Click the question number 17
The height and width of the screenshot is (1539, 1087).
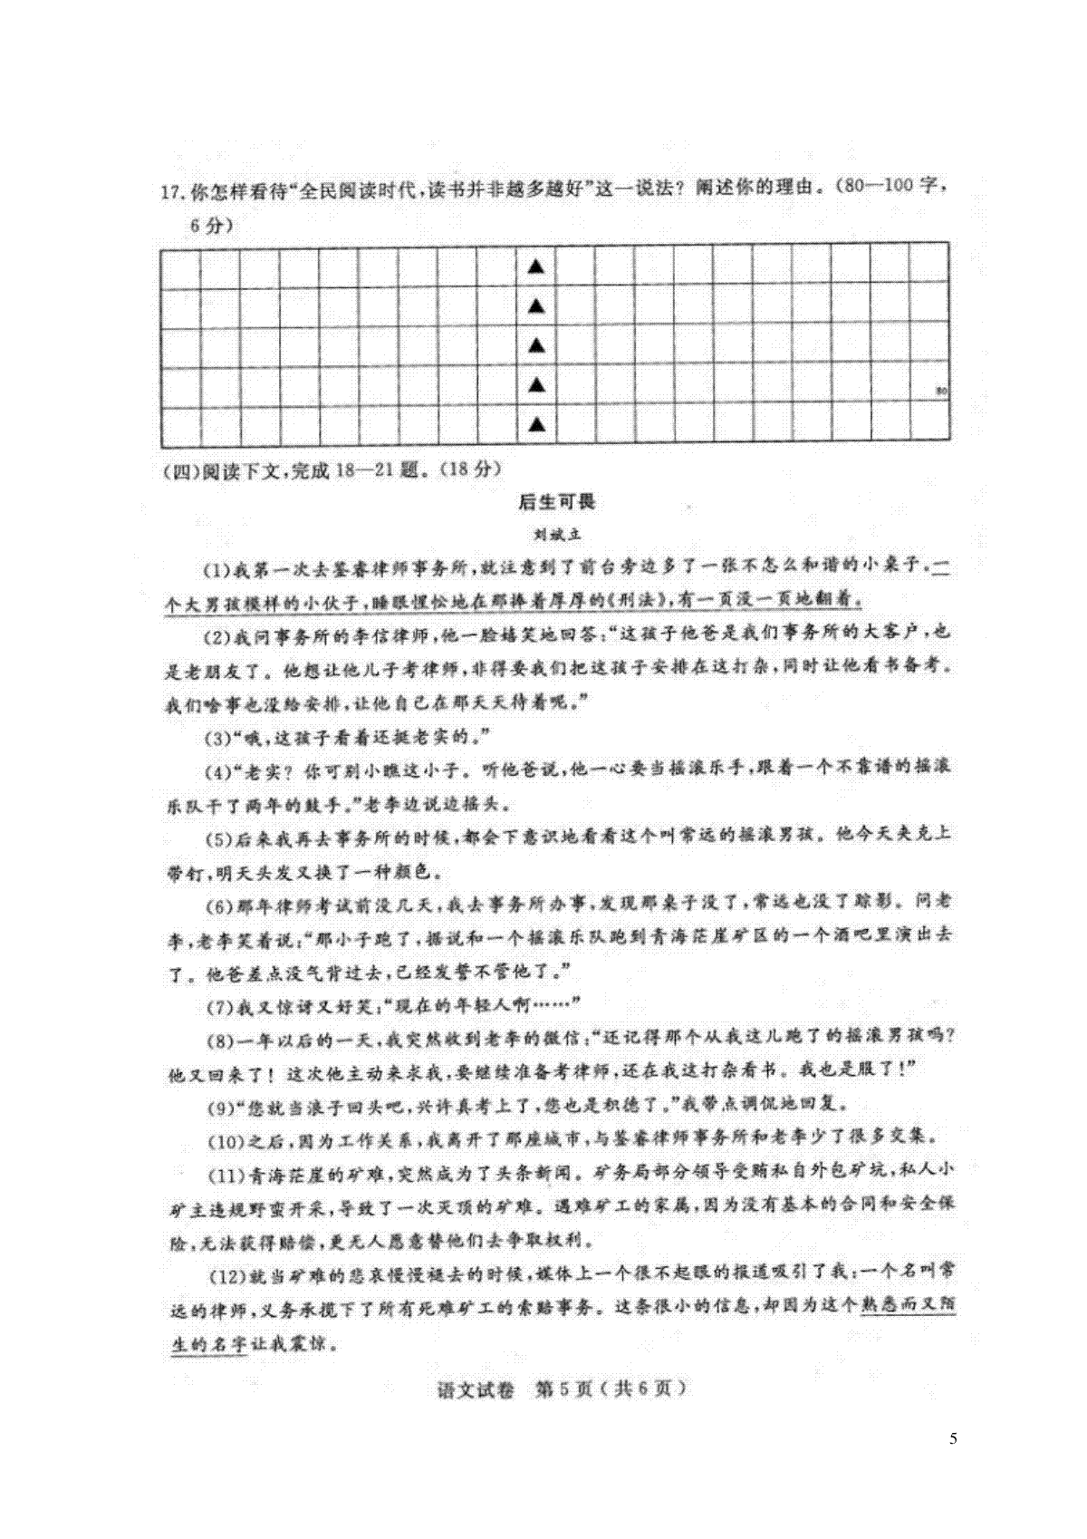pyautogui.click(x=171, y=191)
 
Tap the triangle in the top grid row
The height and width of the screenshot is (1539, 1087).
pyautogui.click(x=537, y=266)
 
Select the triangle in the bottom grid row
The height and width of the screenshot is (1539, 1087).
pyautogui.click(x=537, y=424)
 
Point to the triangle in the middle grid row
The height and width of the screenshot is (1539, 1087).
pyautogui.click(x=537, y=345)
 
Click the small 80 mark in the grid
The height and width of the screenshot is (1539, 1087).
pyautogui.click(x=941, y=392)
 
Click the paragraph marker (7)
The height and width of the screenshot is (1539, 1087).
pyautogui.click(x=216, y=1005)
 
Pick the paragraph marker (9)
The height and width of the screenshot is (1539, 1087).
pyautogui.click(x=216, y=1105)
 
